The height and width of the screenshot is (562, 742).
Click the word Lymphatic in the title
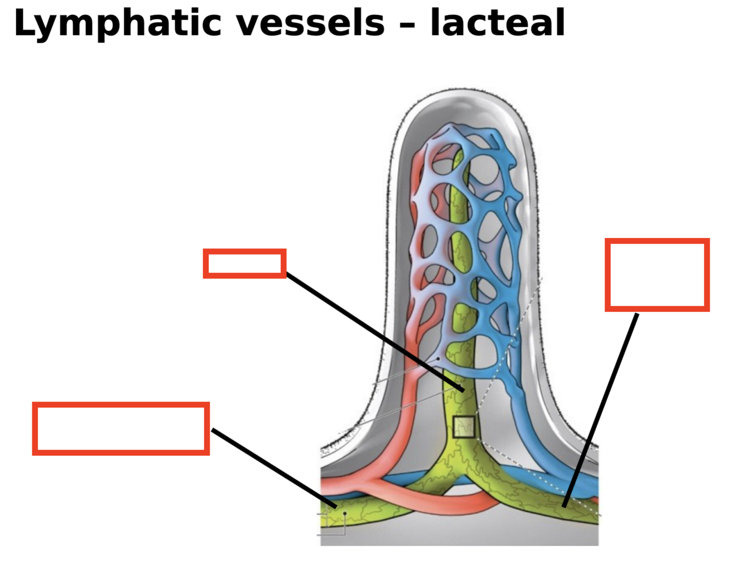[x=117, y=23]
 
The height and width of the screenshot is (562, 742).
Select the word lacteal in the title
[x=497, y=23]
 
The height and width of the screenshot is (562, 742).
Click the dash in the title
[x=407, y=25]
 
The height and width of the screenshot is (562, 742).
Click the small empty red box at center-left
[x=245, y=263]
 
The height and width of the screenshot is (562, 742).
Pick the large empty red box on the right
[x=657, y=275]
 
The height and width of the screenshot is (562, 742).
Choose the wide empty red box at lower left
[x=121, y=429]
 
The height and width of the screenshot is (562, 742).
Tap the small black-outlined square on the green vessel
[x=464, y=426]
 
